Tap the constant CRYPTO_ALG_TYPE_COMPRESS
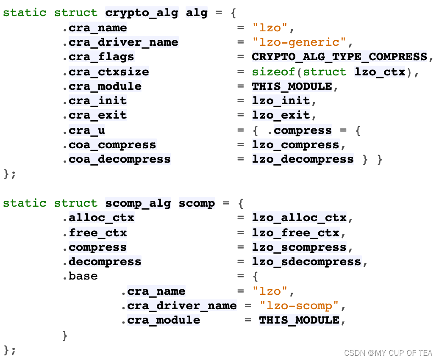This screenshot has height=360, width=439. click(339, 57)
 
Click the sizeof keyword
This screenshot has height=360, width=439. click(273, 72)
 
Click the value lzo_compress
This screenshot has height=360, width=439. click(295, 145)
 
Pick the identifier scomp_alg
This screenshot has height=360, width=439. click(138, 203)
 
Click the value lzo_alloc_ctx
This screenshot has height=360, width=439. click(299, 218)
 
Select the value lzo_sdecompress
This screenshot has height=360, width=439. click(306, 262)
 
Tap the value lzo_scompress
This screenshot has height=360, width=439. click(299, 247)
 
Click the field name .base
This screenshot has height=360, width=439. click(83, 276)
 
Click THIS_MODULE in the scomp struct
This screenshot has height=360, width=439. click(299, 320)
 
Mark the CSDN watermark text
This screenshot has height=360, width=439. click(388, 352)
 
